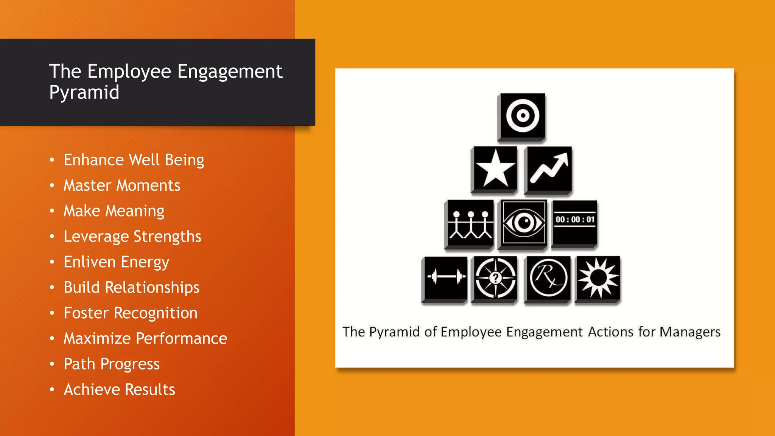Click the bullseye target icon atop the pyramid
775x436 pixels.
point(522,116)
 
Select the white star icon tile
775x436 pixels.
point(495,169)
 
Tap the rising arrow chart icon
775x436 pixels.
point(548,169)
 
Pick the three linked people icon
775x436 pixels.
point(470,224)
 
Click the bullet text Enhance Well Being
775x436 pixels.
point(134,160)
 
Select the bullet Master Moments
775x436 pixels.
point(122,185)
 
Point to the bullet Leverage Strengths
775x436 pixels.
point(132,237)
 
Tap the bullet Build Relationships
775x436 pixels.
point(131,287)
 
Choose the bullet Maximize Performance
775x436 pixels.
point(145,338)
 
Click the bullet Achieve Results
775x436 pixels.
point(119,389)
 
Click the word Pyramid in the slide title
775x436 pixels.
point(84,92)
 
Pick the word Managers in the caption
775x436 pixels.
point(689,332)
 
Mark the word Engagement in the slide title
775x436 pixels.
point(230,72)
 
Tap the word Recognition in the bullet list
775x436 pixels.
point(156,313)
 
